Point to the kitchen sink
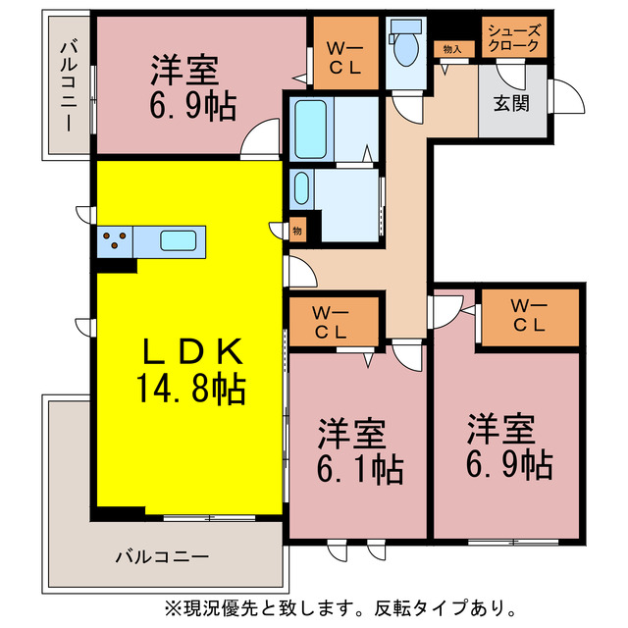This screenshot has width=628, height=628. click(179, 240)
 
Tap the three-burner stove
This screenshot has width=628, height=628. click(116, 239)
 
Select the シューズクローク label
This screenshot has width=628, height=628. click(512, 37)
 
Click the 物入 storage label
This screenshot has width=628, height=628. click(452, 48)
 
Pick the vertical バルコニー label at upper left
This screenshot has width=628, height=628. click(68, 84)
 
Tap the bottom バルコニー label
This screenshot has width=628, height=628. click(162, 556)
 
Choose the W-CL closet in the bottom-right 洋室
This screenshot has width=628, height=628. click(530, 317)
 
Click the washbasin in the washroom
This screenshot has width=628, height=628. click(302, 187)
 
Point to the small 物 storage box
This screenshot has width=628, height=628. click(296, 231)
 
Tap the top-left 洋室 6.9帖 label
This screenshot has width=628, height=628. click(191, 88)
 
